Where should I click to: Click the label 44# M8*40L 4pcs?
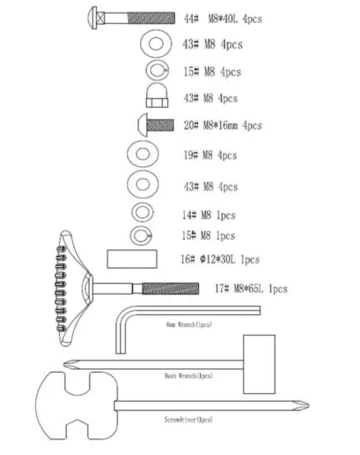[223, 19]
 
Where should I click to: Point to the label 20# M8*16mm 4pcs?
[222, 125]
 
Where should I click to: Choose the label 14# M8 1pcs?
[208, 215]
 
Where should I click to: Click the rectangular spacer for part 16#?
[132, 259]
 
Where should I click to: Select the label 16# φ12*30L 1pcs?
[220, 260]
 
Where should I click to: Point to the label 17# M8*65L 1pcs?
[250, 289]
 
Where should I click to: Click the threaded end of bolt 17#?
[170, 289]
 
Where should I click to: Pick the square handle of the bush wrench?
[259, 364]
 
